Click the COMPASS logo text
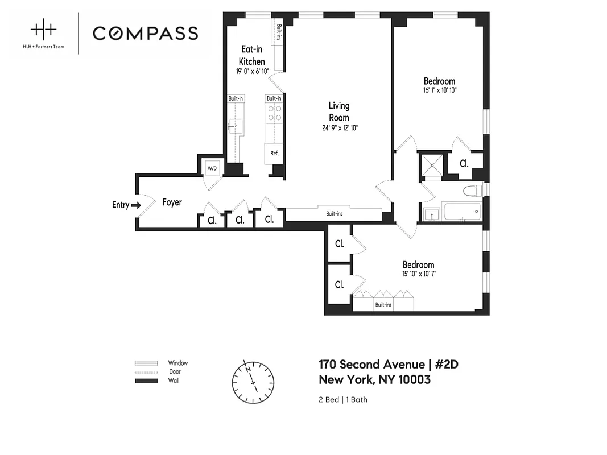pyautogui.click(x=145, y=33)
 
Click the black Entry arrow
pyautogui.click(x=135, y=205)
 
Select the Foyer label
pyautogui.click(x=172, y=202)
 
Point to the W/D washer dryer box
pyautogui.click(x=212, y=168)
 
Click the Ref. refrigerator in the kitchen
pyautogui.click(x=274, y=153)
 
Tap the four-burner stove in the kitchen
pyautogui.click(x=274, y=113)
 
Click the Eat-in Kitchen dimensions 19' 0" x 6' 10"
pyautogui.click(x=252, y=72)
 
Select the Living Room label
pyautogui.click(x=339, y=111)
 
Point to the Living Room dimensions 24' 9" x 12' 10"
pyautogui.click(x=339, y=127)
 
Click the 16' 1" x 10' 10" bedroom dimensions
pyautogui.click(x=439, y=90)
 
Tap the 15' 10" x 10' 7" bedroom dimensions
pyautogui.click(x=418, y=274)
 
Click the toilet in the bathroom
pyautogui.click(x=472, y=191)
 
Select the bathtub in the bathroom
pyautogui.click(x=461, y=213)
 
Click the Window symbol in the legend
pyautogui.click(x=146, y=363)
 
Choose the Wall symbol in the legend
pyautogui.click(x=146, y=380)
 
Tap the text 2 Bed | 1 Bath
pyautogui.click(x=342, y=399)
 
